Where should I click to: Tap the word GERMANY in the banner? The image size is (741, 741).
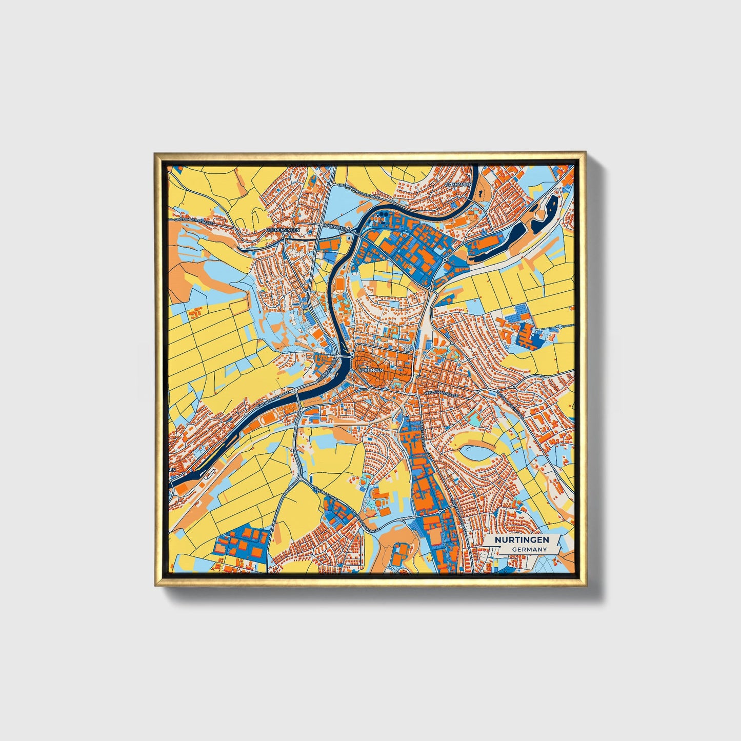point(529,549)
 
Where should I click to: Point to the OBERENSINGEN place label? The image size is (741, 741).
point(283,230)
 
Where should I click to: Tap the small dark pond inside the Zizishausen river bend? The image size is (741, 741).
point(480,193)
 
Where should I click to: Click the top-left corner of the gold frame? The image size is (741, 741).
point(154,152)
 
